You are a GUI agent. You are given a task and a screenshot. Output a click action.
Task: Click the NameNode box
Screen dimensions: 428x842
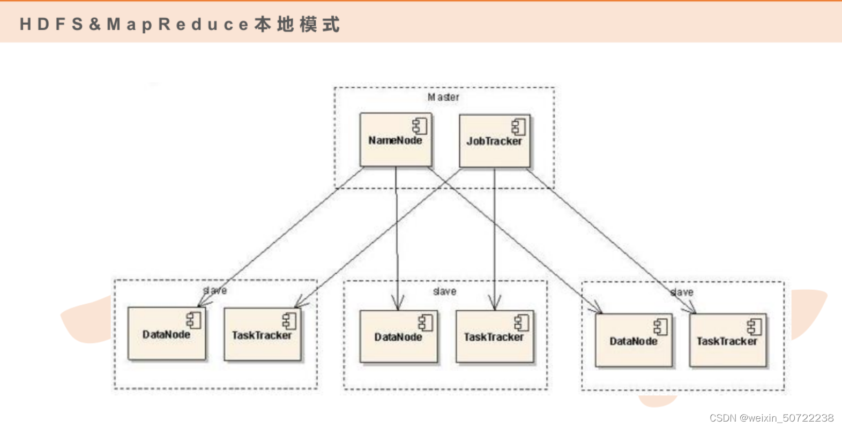[x=396, y=140]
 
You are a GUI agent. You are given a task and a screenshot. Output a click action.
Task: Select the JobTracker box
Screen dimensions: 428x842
[x=494, y=141]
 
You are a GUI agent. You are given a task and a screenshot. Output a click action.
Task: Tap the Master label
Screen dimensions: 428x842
[x=443, y=97]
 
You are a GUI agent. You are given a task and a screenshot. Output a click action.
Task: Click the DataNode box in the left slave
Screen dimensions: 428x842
[x=167, y=334]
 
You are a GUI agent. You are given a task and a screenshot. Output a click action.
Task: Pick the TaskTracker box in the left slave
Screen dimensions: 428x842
[x=262, y=335]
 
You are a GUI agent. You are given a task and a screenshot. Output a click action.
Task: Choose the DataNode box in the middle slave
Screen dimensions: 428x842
[x=398, y=336]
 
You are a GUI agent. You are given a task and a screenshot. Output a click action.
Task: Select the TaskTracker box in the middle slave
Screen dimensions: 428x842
[x=494, y=336]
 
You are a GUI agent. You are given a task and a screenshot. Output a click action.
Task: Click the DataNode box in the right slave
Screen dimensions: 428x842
[x=634, y=341]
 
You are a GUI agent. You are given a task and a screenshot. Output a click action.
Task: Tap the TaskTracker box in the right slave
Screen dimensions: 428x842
[x=727, y=341]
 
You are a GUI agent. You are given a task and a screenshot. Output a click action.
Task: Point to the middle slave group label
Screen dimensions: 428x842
[x=444, y=291]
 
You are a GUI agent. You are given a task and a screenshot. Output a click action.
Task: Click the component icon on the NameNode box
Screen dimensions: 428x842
[x=420, y=126]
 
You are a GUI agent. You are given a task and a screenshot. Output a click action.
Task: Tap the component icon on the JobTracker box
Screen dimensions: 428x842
[x=518, y=127]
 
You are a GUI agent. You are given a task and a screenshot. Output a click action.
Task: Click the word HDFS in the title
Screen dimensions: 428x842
[x=51, y=24]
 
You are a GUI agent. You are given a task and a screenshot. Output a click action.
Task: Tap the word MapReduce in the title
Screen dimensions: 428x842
[x=177, y=24]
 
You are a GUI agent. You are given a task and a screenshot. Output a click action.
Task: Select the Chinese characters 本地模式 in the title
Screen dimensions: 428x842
[x=297, y=24]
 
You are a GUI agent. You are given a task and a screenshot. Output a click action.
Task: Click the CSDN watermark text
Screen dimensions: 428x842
[x=771, y=418]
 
